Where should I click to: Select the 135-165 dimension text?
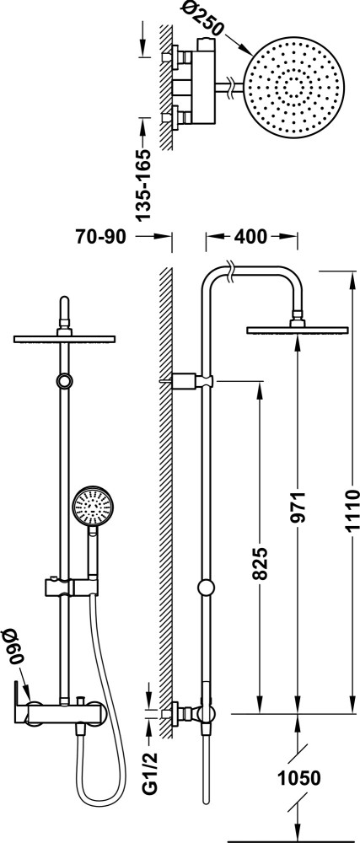tap(143, 185)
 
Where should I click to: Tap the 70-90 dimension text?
tap(100, 237)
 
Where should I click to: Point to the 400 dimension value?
tap(251, 237)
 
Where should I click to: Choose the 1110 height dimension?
tap(351, 510)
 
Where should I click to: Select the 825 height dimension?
tap(259, 564)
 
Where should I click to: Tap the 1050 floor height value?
tap(298, 777)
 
